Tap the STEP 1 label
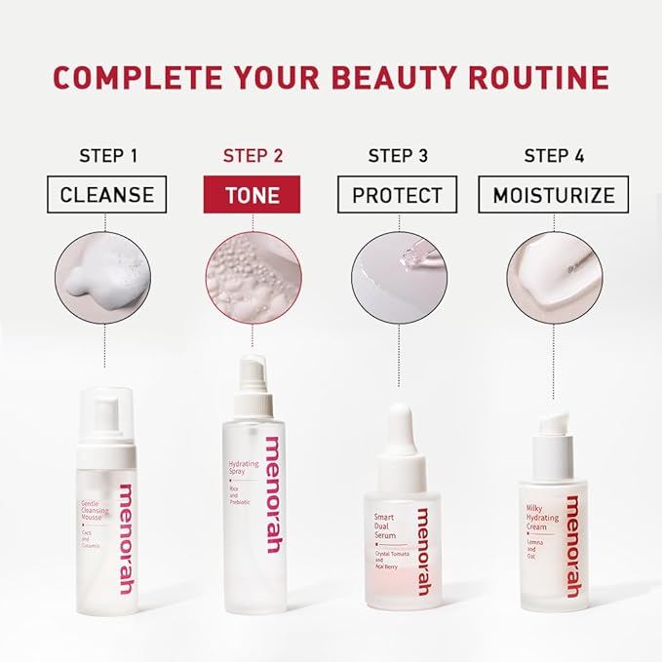click(x=107, y=156)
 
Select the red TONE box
click(x=252, y=195)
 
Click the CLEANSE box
click(x=107, y=195)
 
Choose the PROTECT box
click(x=397, y=195)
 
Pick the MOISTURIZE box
click(x=554, y=195)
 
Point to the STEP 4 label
click(x=554, y=156)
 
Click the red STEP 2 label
click(x=253, y=156)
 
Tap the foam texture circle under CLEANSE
click(x=104, y=276)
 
